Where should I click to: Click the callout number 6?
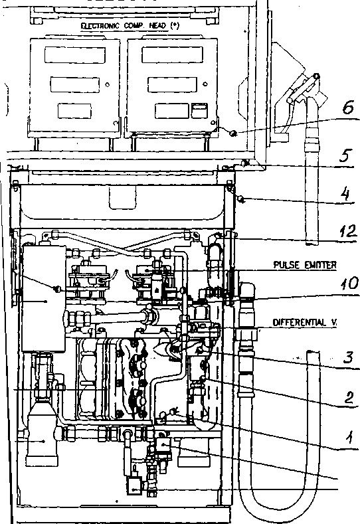click(347, 108)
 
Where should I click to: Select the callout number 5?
click(345, 155)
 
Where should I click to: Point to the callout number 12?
click(347, 230)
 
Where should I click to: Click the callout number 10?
click(349, 284)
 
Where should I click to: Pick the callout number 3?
click(348, 357)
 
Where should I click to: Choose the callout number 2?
click(349, 398)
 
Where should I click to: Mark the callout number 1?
click(349, 437)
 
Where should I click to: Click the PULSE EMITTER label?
click(305, 265)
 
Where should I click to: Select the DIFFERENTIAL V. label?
click(304, 323)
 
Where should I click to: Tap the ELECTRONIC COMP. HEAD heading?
click(130, 26)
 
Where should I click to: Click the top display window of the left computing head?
click(75, 55)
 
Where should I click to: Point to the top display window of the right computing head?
click(172, 55)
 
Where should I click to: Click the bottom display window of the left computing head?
click(74, 111)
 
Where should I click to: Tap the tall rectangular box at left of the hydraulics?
click(44, 298)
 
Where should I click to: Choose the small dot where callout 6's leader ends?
click(234, 133)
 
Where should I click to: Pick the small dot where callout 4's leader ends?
click(240, 199)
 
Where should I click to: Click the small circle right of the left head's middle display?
click(108, 84)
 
